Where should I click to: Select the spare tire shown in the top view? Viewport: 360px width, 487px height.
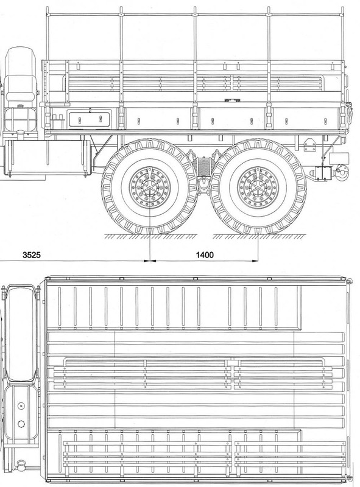[x=19, y=329]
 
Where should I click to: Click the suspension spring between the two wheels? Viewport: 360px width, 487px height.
[x=203, y=164]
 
